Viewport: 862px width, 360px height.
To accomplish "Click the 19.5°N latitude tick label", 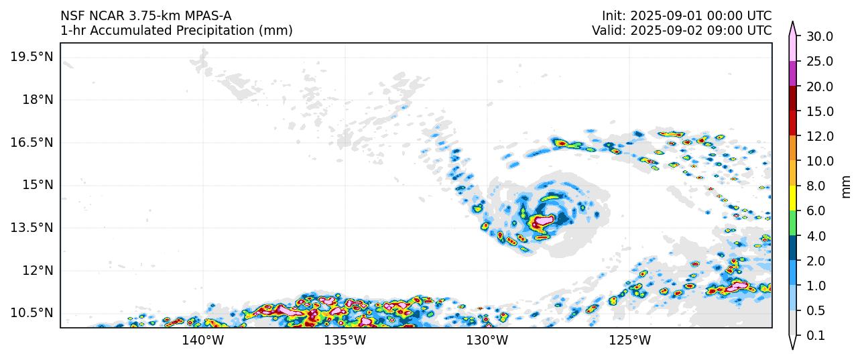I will pos(31,57).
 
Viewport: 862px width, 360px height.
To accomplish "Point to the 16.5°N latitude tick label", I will pos(31,142).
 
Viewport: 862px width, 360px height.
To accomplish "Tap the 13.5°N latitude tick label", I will pos(31,227).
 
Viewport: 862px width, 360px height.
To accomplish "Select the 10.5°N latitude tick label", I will pos(31,312).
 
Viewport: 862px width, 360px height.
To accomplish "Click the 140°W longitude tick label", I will pos(202,341).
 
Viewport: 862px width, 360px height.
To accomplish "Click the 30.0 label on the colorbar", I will pos(819,36).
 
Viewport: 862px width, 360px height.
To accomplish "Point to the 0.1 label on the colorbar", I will pos(815,336).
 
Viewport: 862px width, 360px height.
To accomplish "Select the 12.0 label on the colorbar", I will pos(819,136).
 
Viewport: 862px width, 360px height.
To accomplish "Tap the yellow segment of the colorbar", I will pos(792,198).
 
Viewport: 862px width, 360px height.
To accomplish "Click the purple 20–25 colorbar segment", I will pos(792,74).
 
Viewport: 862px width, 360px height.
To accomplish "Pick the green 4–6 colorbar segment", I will pos(792,223).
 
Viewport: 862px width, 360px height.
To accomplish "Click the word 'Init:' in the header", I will pos(614,15).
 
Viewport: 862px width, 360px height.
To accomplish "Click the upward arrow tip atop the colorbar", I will pos(792,24).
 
